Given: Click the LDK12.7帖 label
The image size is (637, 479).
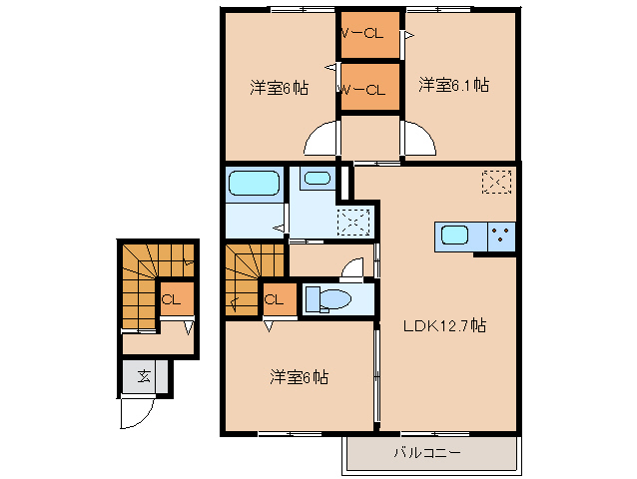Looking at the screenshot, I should click(444, 325).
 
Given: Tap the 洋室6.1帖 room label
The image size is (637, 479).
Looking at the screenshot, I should click(453, 85).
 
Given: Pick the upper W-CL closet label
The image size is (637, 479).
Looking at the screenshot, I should click(363, 33).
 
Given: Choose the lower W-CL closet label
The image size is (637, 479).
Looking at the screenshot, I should click(363, 90).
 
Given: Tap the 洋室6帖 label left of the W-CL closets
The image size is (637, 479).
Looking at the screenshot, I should click(279, 88).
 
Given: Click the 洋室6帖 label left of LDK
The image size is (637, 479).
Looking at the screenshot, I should click(299, 377).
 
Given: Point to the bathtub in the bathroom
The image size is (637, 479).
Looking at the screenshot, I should click(254, 184).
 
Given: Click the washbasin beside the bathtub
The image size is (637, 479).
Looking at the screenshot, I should click(317, 180).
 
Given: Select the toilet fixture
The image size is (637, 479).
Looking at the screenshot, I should click(324, 299).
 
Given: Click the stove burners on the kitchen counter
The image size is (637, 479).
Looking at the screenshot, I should click(501, 238).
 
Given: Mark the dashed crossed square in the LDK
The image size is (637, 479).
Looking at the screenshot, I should click(496, 182).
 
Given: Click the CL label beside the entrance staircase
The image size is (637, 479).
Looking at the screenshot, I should click(171, 298).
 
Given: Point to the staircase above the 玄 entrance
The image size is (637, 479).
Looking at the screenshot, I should click(140, 284).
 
